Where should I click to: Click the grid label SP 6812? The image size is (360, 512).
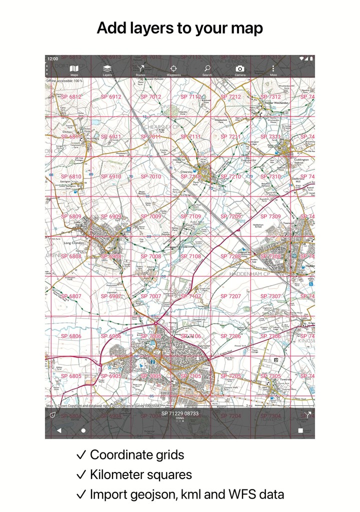pos(71,96)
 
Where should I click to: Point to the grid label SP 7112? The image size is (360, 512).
pos(191,96)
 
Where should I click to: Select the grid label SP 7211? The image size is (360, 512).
pos(231,136)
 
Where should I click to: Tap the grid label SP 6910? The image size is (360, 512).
pos(111,176)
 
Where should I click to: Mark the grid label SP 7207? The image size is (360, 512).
pos(231,296)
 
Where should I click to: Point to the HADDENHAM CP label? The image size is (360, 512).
pos(250,274)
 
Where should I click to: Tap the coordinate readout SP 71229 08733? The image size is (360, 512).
pos(180,413)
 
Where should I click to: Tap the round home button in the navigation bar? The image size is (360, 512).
pos(83,430)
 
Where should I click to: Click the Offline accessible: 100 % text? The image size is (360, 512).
pos(65,80)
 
